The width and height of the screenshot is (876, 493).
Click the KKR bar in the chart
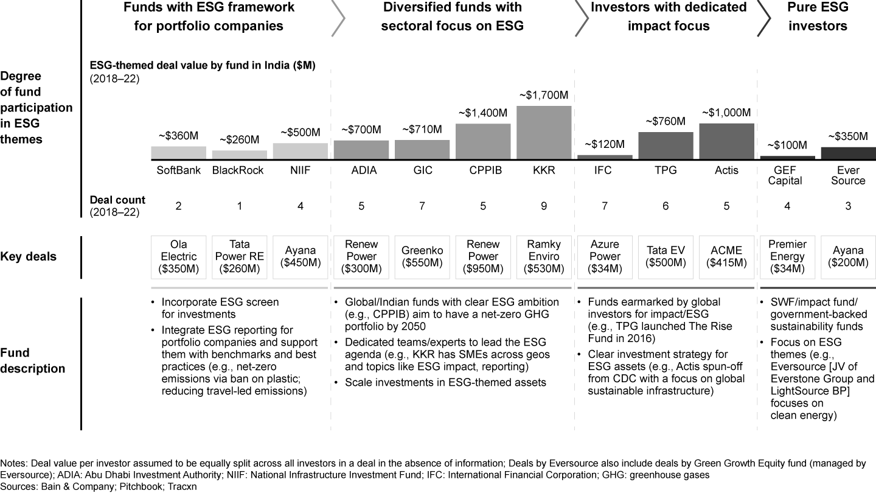pyautogui.click(x=544, y=132)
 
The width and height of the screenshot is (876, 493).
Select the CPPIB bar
pyautogui.click(x=483, y=141)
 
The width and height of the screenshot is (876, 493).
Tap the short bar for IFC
pyautogui.click(x=605, y=157)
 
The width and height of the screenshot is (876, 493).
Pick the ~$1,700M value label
pyautogui.click(x=544, y=96)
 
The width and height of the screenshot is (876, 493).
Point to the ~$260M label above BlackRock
pyautogui.click(x=239, y=140)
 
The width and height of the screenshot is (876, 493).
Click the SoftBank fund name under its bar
pyautogui.click(x=178, y=170)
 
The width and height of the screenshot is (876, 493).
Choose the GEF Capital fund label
pyautogui.click(x=785, y=175)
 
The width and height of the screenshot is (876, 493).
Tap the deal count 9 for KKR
pyautogui.click(x=544, y=206)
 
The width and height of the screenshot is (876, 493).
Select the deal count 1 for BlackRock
pyautogui.click(x=239, y=206)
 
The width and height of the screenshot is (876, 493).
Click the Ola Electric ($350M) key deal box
pyautogui.click(x=178, y=257)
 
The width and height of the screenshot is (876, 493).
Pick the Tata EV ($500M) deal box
pyautogui.click(x=666, y=257)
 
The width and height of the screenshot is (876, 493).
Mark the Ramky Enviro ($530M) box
pyautogui.click(x=544, y=257)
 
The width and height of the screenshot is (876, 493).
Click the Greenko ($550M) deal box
pyautogui.click(x=422, y=257)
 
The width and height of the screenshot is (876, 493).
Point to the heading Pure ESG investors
pyautogui.click(x=818, y=16)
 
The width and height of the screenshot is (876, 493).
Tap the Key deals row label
pyautogui.click(x=28, y=257)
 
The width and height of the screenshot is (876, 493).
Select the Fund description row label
pyautogui.click(x=32, y=360)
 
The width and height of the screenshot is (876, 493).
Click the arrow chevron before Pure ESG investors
pyautogui.click(x=764, y=18)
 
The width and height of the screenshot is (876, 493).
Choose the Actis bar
pyautogui.click(x=726, y=141)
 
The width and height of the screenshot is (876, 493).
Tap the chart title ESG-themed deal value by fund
pyautogui.click(x=203, y=65)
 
